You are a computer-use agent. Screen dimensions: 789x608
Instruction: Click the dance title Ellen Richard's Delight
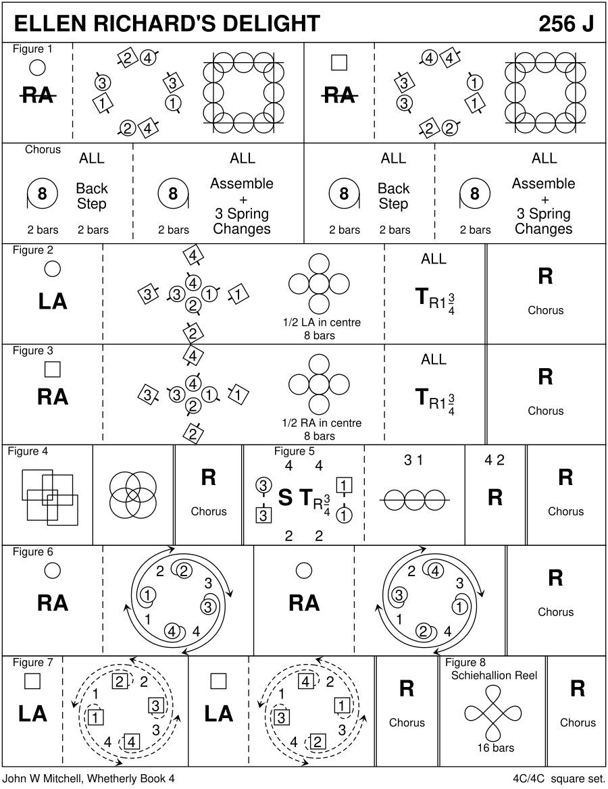pyautogui.click(x=167, y=24)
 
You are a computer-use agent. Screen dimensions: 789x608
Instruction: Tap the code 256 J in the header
pyautogui.click(x=566, y=24)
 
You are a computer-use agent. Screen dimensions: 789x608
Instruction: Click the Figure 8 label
pyautogui.click(x=465, y=662)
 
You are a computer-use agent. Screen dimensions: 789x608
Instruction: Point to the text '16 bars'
pyautogui.click(x=495, y=748)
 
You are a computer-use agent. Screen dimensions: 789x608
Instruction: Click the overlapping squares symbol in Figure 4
pyautogui.click(x=50, y=495)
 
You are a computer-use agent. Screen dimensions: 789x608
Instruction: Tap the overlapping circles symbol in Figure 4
pyautogui.click(x=133, y=495)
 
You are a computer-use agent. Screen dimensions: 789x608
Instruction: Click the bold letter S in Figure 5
pyautogui.click(x=285, y=498)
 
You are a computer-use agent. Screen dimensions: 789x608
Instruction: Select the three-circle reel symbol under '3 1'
pyautogui.click(x=414, y=499)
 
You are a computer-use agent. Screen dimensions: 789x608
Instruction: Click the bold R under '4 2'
pyautogui.click(x=495, y=498)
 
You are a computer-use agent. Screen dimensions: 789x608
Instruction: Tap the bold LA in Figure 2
pyautogui.click(x=53, y=301)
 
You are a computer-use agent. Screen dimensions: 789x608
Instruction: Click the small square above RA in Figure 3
pyautogui.click(x=52, y=369)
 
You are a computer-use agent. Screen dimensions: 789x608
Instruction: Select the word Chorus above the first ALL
pyautogui.click(x=43, y=149)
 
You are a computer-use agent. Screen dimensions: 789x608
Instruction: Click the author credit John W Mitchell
pyautogui.click(x=88, y=778)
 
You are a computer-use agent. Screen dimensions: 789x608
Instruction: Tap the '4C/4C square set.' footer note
pyautogui.click(x=557, y=778)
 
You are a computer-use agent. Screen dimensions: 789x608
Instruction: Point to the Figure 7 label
pyautogui.click(x=32, y=662)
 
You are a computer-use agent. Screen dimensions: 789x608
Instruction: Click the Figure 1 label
pyautogui.click(x=32, y=49)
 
